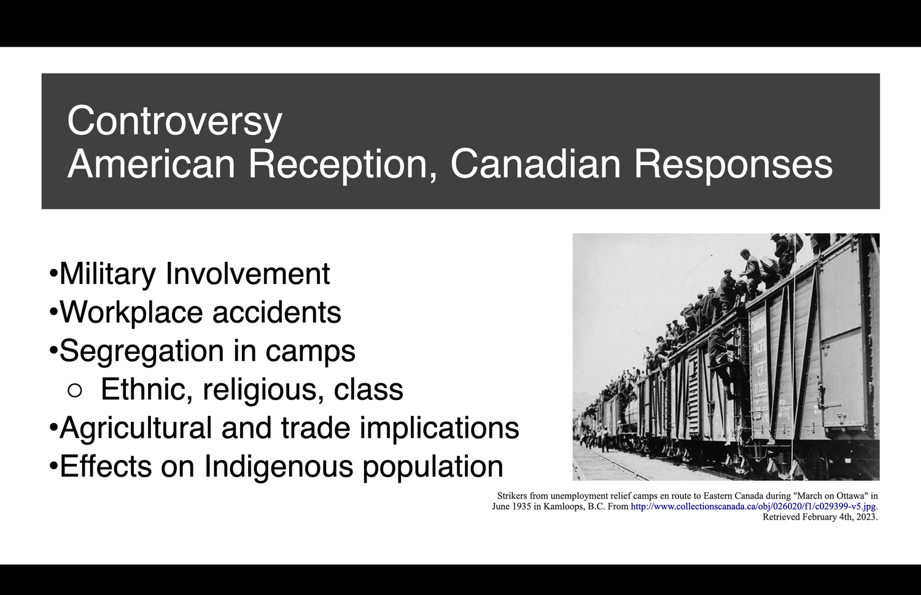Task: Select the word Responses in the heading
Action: (x=733, y=165)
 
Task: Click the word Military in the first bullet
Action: (x=107, y=274)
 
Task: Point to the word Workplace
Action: (x=131, y=313)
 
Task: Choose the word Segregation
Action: (x=141, y=351)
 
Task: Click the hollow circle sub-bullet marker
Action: (x=74, y=391)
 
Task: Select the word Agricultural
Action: (x=136, y=428)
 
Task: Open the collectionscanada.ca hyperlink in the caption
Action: (x=753, y=507)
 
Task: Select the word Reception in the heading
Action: (x=342, y=165)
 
